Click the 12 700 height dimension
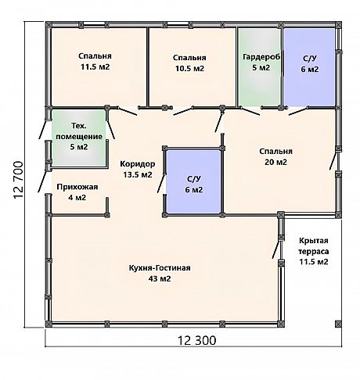(18, 180)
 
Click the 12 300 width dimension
(197, 340)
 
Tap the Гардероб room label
(261, 57)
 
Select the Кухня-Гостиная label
(160, 268)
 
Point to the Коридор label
(138, 164)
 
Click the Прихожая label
(77, 187)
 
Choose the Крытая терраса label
(314, 246)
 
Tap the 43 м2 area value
(160, 279)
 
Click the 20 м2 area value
(275, 162)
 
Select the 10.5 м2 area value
(189, 68)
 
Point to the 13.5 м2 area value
(138, 174)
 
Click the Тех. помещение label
(79, 131)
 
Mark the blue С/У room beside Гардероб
(309, 67)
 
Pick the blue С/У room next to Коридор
(194, 181)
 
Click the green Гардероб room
(260, 67)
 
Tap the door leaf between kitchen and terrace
(275, 249)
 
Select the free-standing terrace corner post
(338, 324)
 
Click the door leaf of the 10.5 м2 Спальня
(182, 111)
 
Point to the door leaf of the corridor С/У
(160, 184)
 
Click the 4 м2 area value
(77, 198)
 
